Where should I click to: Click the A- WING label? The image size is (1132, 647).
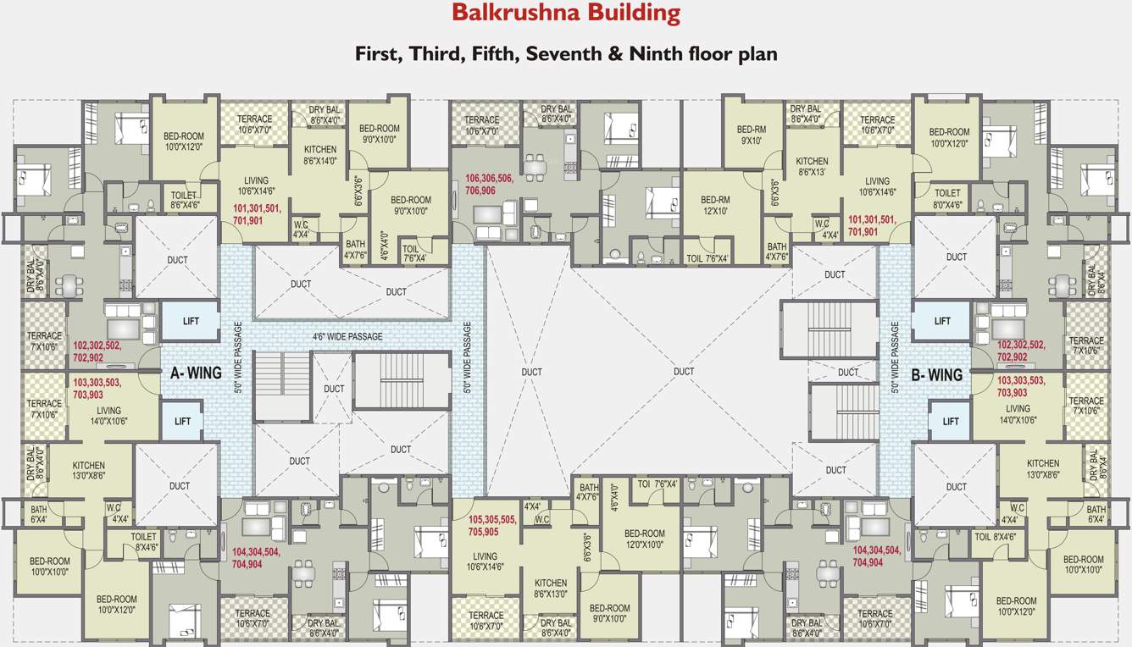196,373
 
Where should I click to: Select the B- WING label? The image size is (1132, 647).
936,374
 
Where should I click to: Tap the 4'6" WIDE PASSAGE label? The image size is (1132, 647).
347,336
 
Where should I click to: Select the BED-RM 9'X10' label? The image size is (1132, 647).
751,135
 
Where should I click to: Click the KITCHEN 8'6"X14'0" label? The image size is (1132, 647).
320,155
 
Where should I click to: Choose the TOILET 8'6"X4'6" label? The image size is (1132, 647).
185,200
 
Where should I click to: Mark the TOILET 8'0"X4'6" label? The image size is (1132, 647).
947,199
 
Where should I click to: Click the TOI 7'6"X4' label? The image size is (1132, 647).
658,484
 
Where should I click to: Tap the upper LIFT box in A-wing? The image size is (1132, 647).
191,322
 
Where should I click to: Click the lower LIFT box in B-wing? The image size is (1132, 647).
951,421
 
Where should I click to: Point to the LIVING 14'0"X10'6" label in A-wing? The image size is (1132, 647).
108,416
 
